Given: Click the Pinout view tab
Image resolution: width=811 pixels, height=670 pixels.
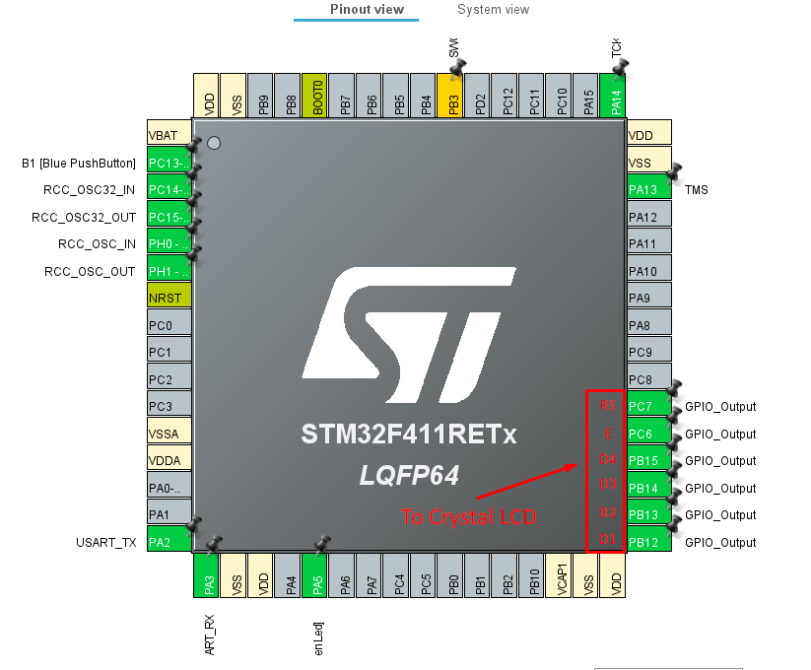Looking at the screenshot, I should coord(366,10).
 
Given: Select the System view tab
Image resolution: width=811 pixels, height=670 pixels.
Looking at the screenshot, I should coord(493,10).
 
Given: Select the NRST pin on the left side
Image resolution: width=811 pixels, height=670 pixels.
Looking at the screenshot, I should coord(168,298).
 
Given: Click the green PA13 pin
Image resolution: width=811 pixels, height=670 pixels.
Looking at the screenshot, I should coord(648,189).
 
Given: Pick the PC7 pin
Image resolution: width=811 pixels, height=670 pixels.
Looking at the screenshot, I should coord(648,406).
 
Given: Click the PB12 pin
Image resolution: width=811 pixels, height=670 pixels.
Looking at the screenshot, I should coord(648,542).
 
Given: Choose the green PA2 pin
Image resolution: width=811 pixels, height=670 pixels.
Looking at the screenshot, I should coord(168,542).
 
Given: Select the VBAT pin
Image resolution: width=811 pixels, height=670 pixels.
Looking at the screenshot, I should coord(168,135).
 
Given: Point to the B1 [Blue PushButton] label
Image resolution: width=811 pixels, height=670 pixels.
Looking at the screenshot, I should coord(79,163).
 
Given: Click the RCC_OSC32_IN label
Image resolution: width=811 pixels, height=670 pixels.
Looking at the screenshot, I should coord(91,189).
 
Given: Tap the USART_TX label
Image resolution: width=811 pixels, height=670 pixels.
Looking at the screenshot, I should coord(105,542).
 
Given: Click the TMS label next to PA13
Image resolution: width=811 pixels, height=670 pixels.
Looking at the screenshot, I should coord(696,189).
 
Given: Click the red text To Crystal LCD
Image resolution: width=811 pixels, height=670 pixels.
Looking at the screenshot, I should coord(468,516).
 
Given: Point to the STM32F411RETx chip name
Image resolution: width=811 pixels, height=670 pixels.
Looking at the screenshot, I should coord(409,435).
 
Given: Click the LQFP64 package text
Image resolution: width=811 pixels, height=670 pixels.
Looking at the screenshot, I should coord(409,475).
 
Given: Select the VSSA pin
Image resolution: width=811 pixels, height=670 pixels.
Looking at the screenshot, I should coord(168,434).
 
